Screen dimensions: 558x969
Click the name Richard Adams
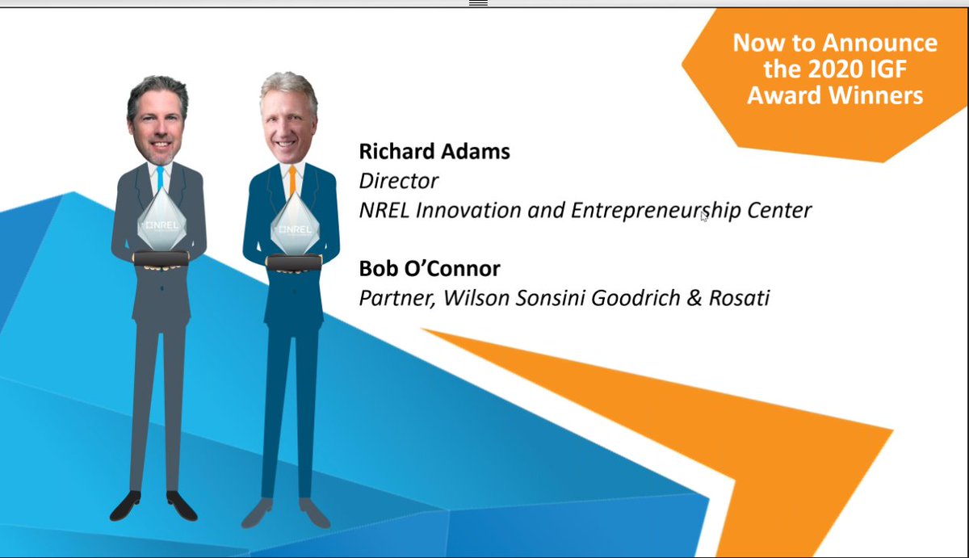coord(434,151)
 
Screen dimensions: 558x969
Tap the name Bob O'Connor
coord(430,268)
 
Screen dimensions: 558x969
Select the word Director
coord(398,180)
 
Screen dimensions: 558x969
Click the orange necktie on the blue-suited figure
coord(292,182)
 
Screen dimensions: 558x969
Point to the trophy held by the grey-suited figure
coord(161,222)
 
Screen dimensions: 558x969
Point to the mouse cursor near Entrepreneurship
coord(703,216)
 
